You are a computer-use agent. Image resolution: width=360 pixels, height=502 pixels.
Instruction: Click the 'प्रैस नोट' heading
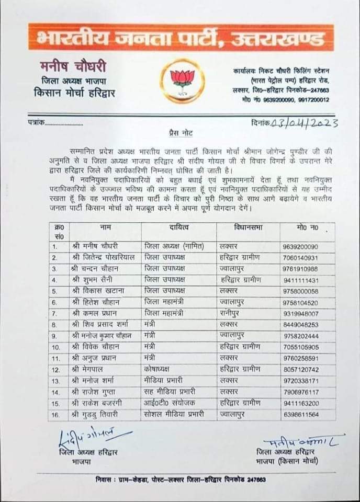coord(179,134)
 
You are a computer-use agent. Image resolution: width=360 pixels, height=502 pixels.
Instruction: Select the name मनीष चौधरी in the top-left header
coord(73,67)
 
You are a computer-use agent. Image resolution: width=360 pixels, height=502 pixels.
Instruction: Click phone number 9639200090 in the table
coord(314,246)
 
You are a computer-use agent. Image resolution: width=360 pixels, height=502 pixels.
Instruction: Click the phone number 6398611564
coord(314,415)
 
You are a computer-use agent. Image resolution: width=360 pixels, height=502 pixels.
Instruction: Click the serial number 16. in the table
coord(55,415)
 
